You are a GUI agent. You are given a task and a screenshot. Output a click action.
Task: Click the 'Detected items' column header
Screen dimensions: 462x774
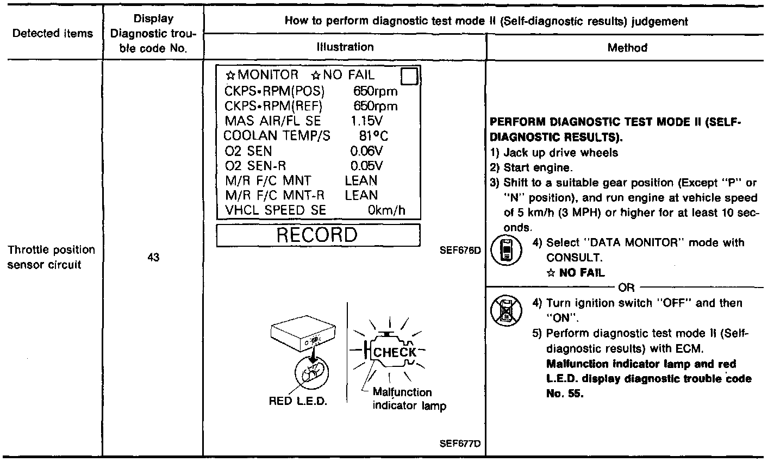(x=53, y=34)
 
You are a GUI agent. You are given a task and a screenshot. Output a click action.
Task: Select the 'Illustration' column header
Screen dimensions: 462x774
(x=345, y=47)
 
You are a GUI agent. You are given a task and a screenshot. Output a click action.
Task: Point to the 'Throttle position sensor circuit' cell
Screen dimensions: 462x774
(x=52, y=258)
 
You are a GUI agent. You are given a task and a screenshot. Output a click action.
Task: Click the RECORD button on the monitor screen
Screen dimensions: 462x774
(x=318, y=235)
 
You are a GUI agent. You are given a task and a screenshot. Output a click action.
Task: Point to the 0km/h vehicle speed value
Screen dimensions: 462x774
(x=387, y=210)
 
